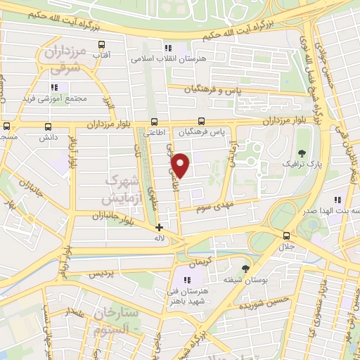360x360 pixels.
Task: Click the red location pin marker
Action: (181, 165)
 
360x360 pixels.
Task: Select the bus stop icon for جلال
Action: (286, 236)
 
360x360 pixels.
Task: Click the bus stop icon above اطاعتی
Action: (154, 121)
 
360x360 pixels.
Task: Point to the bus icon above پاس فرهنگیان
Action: (202, 121)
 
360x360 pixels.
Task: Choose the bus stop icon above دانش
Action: (48, 127)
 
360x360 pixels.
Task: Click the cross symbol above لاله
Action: (160, 227)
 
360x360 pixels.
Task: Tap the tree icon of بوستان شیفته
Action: (245, 268)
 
